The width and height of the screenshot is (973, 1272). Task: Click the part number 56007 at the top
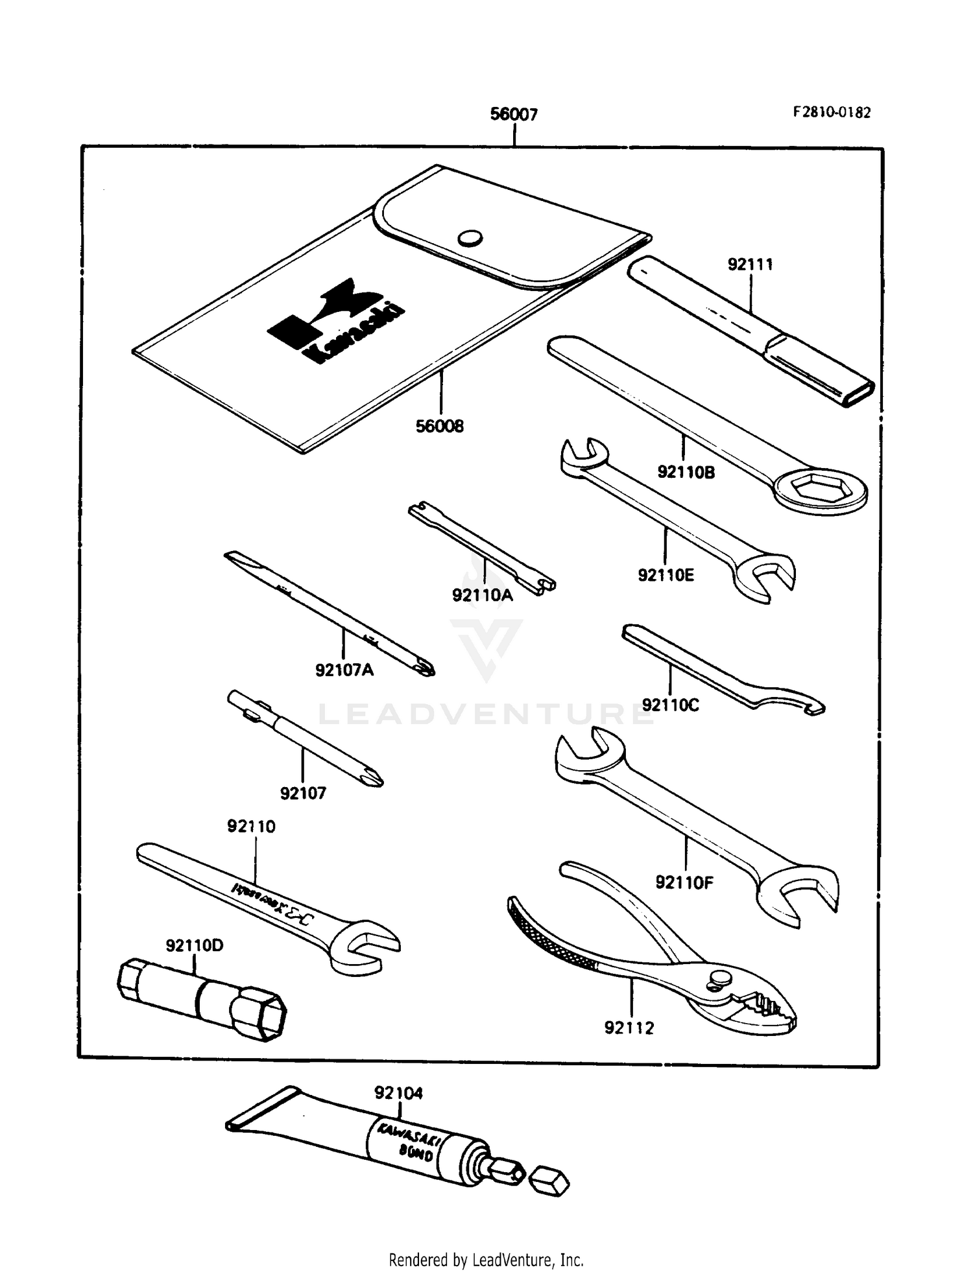coord(514,115)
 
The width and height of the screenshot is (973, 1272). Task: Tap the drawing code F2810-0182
coord(832,112)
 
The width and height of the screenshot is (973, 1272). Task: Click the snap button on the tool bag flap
coord(470,238)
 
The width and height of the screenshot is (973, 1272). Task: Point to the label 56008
coord(440,427)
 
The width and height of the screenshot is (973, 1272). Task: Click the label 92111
coord(750,265)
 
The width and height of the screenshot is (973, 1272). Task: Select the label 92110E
coord(666,575)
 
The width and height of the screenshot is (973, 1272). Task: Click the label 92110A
coord(482,595)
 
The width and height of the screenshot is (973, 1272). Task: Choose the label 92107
coord(303,794)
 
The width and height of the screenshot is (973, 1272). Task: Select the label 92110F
coord(684,882)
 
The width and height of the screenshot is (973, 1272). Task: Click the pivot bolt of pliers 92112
coord(719,980)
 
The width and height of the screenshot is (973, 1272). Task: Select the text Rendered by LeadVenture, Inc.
coord(486,1260)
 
